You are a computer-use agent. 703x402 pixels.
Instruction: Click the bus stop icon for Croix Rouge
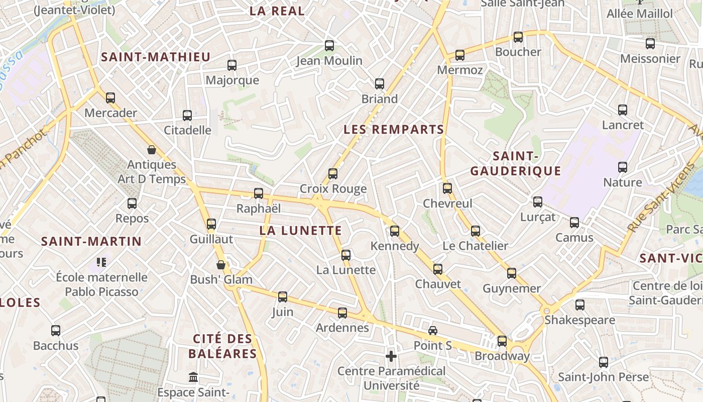click(x=332, y=174)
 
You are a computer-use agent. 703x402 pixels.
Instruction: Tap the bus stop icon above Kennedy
click(x=395, y=231)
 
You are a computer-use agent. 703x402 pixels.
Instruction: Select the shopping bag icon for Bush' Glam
click(x=220, y=264)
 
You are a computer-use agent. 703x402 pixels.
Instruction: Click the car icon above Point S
click(x=433, y=330)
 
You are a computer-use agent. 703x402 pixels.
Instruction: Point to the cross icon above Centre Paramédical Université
click(x=391, y=356)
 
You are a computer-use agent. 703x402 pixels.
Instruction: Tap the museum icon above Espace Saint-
click(x=193, y=377)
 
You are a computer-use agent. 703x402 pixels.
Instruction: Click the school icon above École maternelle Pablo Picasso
click(x=101, y=262)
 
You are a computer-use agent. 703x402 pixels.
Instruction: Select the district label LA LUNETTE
click(x=301, y=231)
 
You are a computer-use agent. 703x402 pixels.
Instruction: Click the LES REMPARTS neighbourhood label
click(x=394, y=130)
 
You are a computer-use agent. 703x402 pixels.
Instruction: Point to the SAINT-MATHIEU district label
click(x=156, y=57)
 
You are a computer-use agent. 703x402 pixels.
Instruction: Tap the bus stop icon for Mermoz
click(x=460, y=55)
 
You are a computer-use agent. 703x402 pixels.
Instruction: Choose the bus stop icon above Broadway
click(x=502, y=341)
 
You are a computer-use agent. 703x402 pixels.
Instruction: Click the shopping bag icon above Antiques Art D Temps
click(x=152, y=150)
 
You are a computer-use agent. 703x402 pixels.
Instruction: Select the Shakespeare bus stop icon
click(x=580, y=305)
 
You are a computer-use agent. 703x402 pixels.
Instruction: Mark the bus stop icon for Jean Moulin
click(x=329, y=46)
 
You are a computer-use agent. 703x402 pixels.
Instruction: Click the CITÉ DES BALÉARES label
click(x=223, y=346)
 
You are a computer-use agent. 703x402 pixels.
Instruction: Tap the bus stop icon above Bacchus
click(x=56, y=331)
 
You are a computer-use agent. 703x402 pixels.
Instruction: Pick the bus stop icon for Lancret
click(x=623, y=110)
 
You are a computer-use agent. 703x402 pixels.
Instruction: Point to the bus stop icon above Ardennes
click(x=342, y=313)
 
